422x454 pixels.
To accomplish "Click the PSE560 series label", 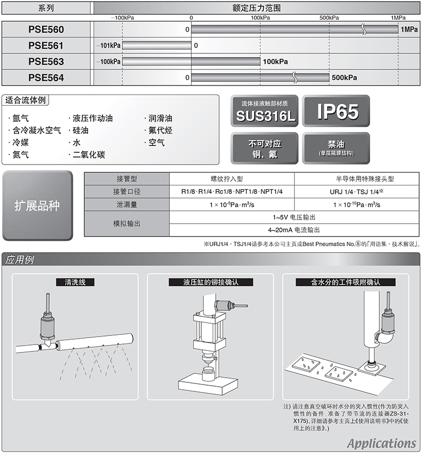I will pyautogui.click(x=46, y=29).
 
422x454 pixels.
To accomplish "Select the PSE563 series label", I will pyautogui.click(x=46, y=61).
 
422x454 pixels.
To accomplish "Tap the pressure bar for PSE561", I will pyautogui.click(x=157, y=45).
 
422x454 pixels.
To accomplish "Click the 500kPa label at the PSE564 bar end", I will pyautogui.click(x=344, y=77).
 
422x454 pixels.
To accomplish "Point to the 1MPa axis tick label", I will pyautogui.click(x=397, y=18).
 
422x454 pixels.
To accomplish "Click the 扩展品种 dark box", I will pyautogui.click(x=37, y=206).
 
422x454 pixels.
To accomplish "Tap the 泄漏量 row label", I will pyautogui.click(x=127, y=205).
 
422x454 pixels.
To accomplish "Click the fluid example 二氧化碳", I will pyautogui.click(x=89, y=155).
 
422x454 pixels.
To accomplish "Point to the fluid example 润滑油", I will pyautogui.click(x=160, y=118).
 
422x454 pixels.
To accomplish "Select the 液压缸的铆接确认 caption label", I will pyautogui.click(x=210, y=282).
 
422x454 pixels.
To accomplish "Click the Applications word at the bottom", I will pyautogui.click(x=381, y=443).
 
